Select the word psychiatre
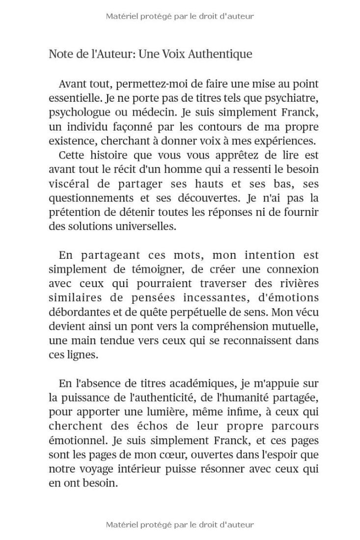coord(294,98)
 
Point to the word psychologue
coord(78,112)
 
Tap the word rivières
coord(300,284)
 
